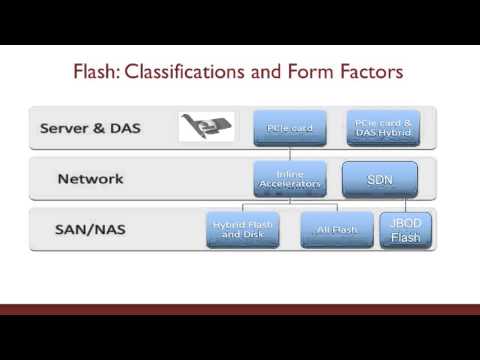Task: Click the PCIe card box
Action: [x=289, y=127]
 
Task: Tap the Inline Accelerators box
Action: [x=289, y=179]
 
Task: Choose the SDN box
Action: [x=380, y=179]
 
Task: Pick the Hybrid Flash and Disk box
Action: [x=242, y=231]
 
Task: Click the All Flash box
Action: [x=336, y=231]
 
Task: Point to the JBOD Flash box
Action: [x=405, y=231]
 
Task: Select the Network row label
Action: [x=90, y=179]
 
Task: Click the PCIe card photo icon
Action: [x=206, y=127]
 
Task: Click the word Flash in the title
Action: [x=99, y=72]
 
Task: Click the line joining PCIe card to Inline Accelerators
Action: [x=289, y=152]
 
